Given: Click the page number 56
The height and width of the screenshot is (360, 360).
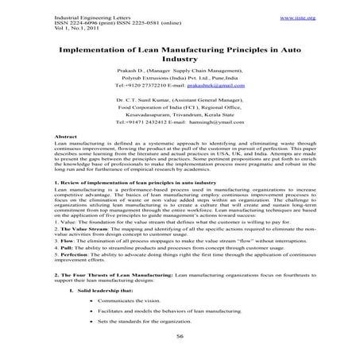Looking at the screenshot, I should (180, 337).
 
